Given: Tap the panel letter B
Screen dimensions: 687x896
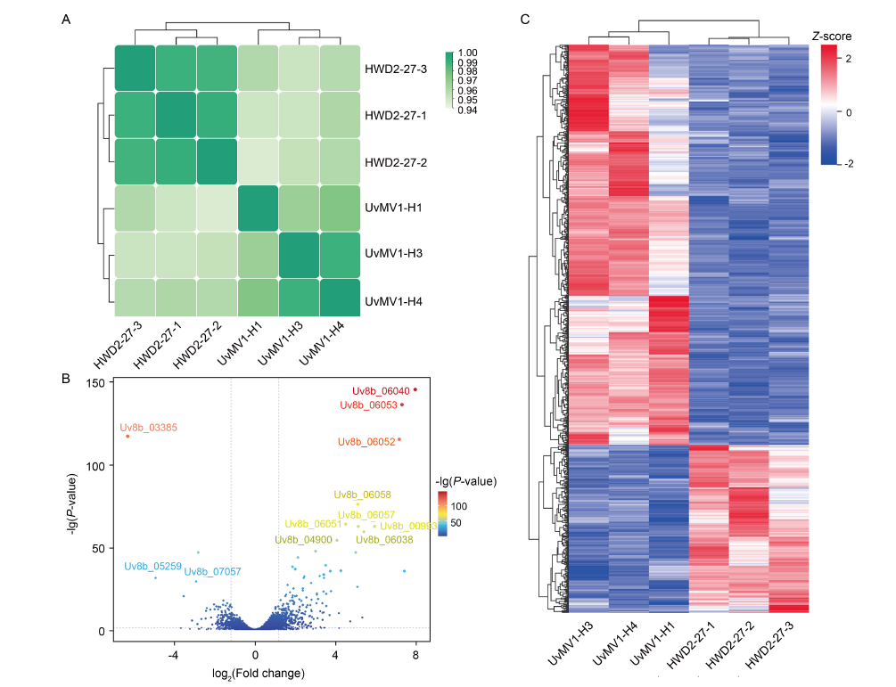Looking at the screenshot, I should [66, 379].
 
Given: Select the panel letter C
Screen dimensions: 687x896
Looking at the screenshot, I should [525, 19].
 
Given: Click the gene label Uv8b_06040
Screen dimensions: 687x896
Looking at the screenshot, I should [381, 390].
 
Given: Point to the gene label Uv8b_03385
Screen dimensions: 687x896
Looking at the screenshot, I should [149, 428].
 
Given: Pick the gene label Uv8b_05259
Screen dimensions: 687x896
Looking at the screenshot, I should [152, 566].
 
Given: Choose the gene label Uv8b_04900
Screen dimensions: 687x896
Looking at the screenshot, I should [303, 539].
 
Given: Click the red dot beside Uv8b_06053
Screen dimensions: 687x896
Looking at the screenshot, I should [402, 405].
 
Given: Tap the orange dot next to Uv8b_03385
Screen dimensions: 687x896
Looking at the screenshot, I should [127, 437].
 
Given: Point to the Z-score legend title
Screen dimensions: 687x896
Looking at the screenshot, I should [831, 37].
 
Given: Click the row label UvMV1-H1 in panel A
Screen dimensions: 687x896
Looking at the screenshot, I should [393, 208].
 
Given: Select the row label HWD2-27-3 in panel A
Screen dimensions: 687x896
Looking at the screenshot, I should [395, 69].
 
